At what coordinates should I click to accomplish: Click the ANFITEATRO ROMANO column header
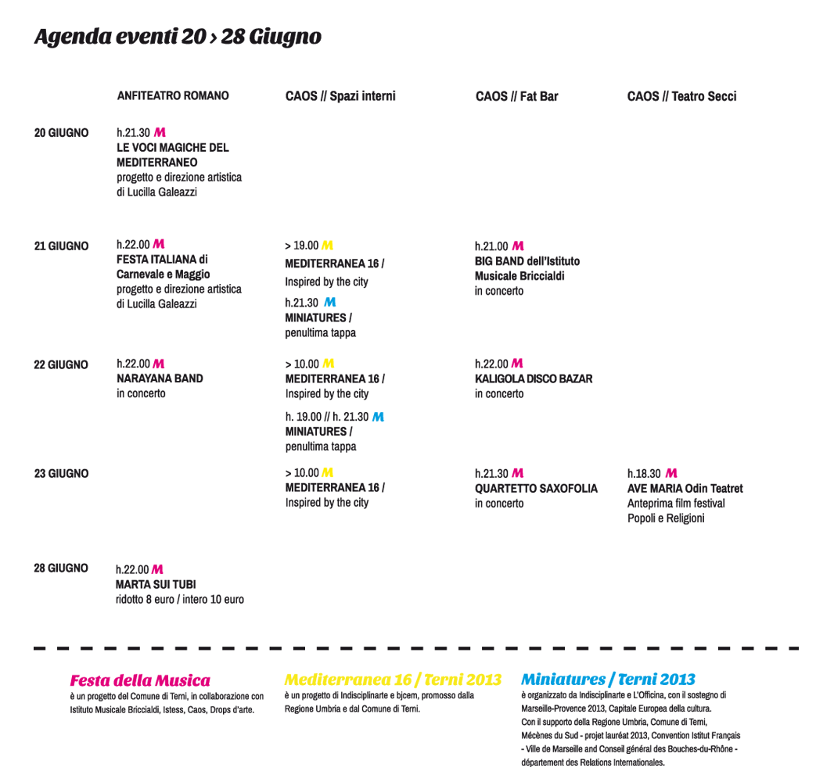click(173, 95)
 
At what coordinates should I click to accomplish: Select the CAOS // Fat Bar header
click(516, 96)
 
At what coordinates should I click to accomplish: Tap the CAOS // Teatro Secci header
click(681, 96)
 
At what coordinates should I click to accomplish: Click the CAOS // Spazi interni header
click(340, 96)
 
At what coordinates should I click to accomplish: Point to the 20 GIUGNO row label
click(61, 133)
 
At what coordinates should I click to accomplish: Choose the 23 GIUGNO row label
click(61, 473)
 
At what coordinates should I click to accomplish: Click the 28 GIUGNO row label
click(61, 568)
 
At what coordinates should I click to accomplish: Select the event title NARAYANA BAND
click(160, 378)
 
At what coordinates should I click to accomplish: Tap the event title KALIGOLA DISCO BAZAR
click(534, 378)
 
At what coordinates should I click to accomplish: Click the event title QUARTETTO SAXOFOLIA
click(536, 488)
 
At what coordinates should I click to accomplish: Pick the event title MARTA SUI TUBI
click(156, 584)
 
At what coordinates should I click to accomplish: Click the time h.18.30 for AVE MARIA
click(644, 473)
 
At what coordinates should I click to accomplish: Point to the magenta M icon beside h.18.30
click(671, 473)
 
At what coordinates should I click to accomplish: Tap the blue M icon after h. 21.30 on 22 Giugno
click(378, 417)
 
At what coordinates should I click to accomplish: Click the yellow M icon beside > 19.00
click(327, 246)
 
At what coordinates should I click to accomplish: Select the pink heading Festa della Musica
click(140, 680)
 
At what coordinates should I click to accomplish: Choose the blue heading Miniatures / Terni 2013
click(608, 680)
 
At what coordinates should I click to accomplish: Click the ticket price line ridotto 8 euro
click(179, 599)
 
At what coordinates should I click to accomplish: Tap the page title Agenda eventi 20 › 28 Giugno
click(178, 37)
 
